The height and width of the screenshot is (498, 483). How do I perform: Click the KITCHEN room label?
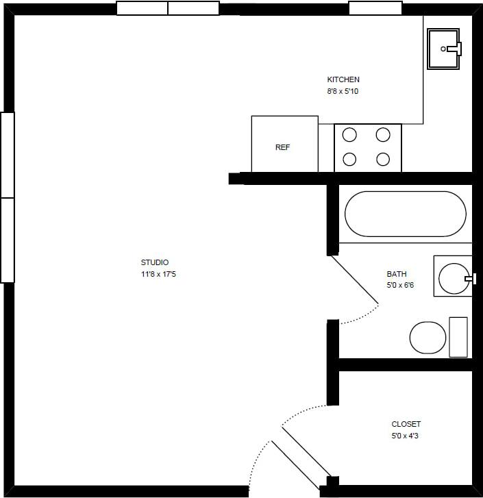click(x=343, y=79)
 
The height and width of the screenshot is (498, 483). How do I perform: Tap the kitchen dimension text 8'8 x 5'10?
click(x=343, y=90)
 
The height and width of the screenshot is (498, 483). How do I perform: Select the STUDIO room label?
click(x=155, y=262)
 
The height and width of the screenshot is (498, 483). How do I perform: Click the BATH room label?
click(x=397, y=274)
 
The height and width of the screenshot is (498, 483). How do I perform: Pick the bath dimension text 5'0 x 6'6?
click(x=400, y=285)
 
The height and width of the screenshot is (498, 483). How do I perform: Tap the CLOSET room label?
click(x=406, y=424)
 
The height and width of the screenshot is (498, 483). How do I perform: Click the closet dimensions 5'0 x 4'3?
click(x=405, y=436)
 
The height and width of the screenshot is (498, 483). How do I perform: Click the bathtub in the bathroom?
click(x=405, y=214)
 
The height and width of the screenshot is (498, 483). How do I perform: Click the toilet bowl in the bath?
click(x=428, y=337)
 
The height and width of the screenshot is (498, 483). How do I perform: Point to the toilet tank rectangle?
click(x=458, y=337)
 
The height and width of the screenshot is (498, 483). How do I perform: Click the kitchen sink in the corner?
click(x=445, y=49)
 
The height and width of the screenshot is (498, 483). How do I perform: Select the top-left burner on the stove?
click(x=349, y=134)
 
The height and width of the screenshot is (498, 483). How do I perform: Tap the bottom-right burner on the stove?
click(x=384, y=160)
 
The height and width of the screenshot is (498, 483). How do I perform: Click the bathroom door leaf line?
click(x=354, y=279)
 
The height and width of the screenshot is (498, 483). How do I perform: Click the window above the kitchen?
click(x=375, y=8)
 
